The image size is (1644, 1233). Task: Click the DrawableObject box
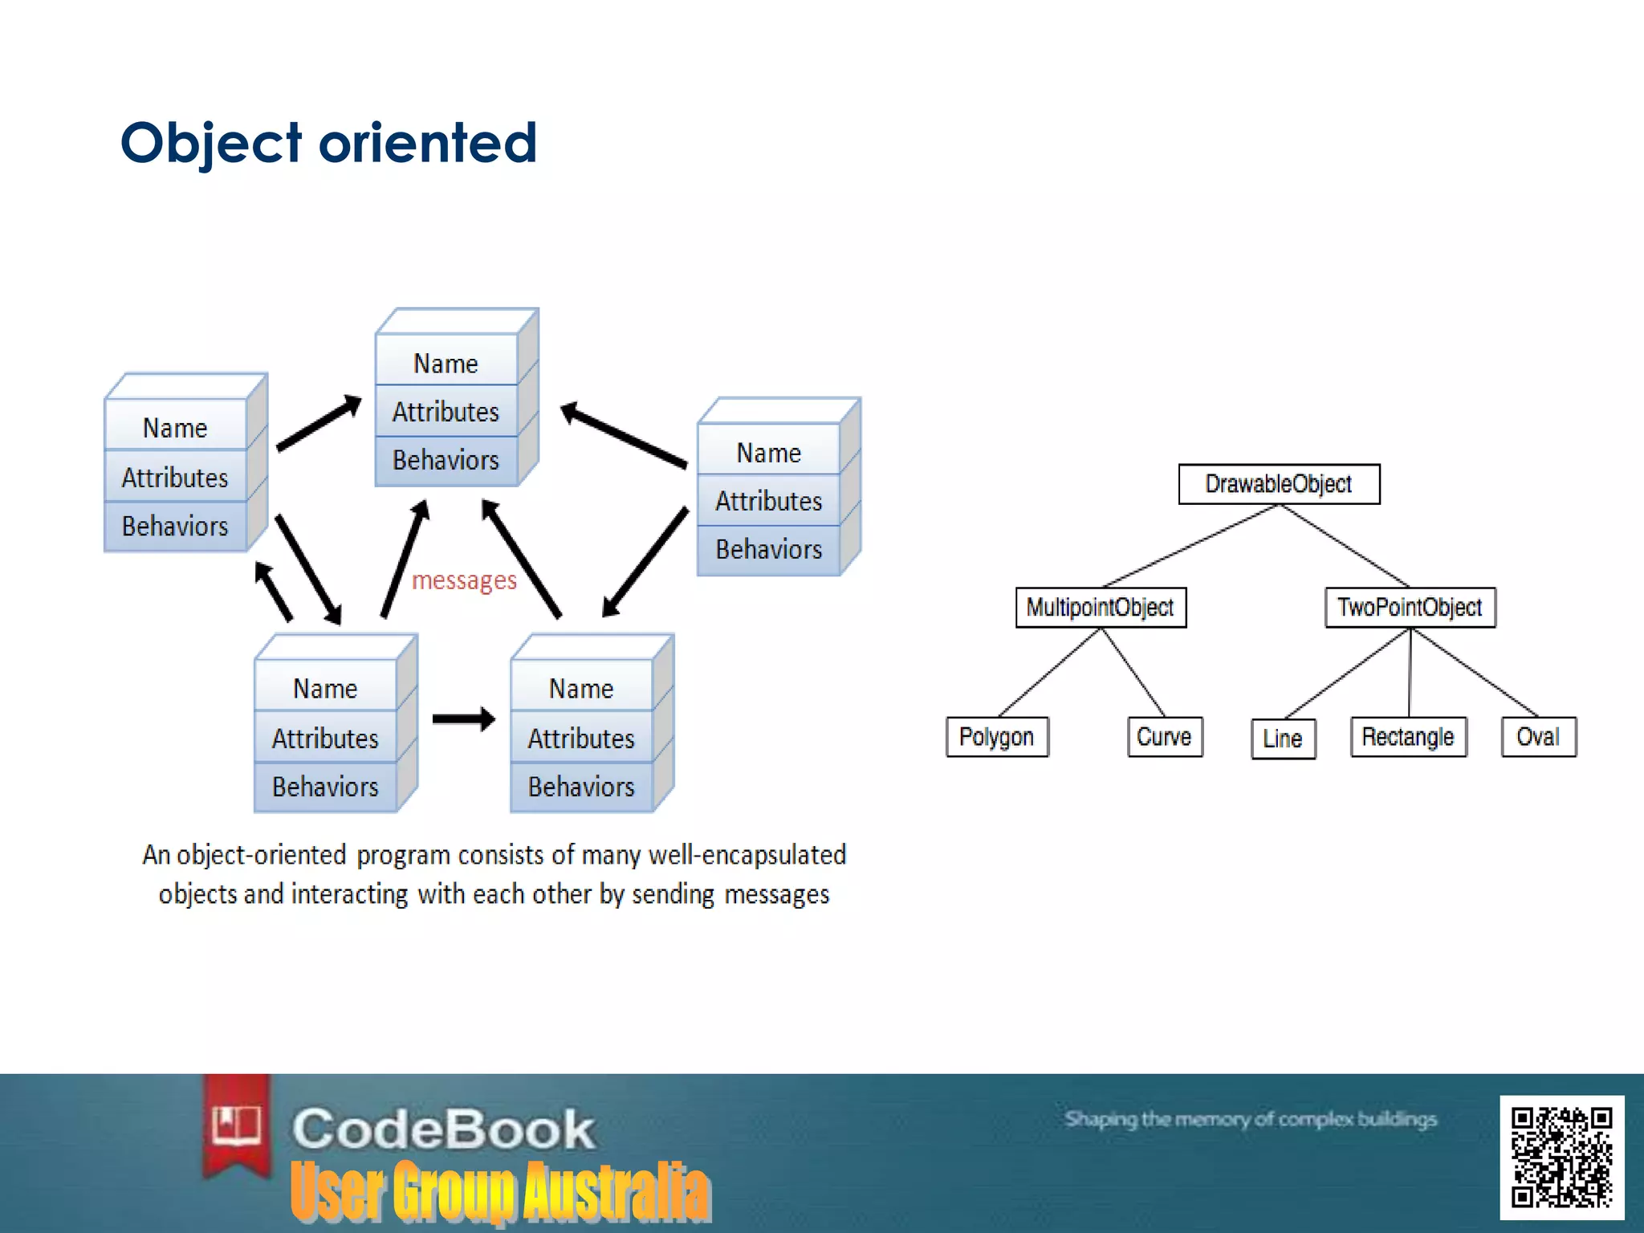pos(1279,484)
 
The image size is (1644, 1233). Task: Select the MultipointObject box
pos(1101,608)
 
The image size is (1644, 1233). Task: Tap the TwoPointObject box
pos(1410,608)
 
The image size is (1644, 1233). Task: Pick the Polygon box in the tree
pos(996,737)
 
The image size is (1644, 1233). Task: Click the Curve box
pos(1164,737)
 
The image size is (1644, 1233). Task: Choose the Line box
pos(1283,739)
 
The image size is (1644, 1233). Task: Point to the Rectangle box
pos(1408,737)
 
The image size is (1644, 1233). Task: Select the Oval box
pos(1538,737)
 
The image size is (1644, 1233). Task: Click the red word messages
pos(464,580)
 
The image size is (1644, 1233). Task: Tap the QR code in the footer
pos(1561,1157)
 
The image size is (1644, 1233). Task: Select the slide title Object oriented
pos(328,143)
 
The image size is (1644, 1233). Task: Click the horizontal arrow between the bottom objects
pos(463,718)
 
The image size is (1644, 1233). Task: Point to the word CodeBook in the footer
pos(443,1129)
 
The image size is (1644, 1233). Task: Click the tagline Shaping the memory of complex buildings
pos(1250,1119)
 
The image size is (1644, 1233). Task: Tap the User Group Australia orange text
pos(500,1192)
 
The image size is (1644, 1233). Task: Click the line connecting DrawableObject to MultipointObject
pos(1190,546)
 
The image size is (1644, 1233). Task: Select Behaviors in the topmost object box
pos(446,461)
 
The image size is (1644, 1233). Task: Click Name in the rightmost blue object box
pos(768,454)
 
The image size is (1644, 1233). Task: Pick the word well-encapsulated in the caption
pos(747,856)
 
